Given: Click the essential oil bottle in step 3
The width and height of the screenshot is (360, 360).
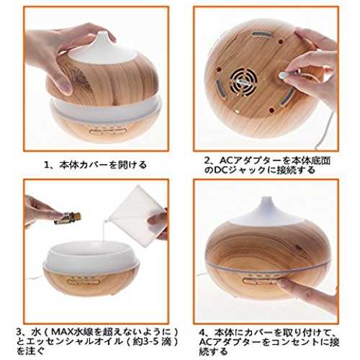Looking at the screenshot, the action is [x=68, y=218].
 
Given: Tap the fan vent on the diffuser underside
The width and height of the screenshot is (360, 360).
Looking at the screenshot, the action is [x=244, y=81].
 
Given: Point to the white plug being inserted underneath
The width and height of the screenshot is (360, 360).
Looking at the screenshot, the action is [x=283, y=75].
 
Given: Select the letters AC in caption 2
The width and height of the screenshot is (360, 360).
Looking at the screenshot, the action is [x=227, y=160].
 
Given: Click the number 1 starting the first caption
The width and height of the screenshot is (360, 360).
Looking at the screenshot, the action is [x=47, y=165].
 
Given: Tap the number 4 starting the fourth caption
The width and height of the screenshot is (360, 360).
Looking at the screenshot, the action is [x=203, y=333].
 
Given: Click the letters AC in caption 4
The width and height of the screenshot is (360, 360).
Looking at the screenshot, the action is [x=206, y=342].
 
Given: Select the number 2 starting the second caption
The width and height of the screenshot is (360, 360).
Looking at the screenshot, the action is [x=207, y=160].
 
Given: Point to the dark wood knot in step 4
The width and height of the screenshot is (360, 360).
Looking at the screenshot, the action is [x=298, y=246].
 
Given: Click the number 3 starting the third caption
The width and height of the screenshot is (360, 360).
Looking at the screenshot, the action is [x=19, y=332].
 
